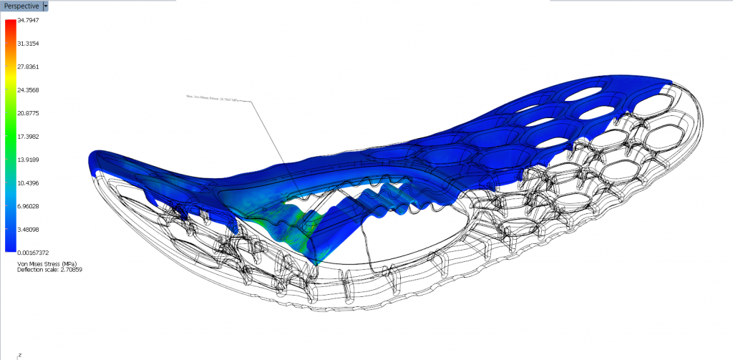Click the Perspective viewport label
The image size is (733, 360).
click(21, 6)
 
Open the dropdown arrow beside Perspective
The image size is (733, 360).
click(46, 6)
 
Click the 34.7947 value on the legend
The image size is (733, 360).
click(28, 20)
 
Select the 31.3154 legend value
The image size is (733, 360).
click(28, 44)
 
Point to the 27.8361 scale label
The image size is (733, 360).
click(28, 67)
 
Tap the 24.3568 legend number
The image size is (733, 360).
click(28, 90)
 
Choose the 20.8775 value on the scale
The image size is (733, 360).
click(28, 113)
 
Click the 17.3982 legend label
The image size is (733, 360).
click(28, 136)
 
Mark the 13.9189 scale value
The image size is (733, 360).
click(28, 160)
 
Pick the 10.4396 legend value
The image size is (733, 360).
click(28, 183)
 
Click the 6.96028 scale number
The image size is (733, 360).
click(29, 206)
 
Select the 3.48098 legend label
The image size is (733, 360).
click(29, 229)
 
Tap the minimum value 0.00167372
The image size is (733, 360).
click(33, 252)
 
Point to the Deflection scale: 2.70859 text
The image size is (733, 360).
click(42, 270)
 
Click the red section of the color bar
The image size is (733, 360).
click(11, 29)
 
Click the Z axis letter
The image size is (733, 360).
click(19, 354)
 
